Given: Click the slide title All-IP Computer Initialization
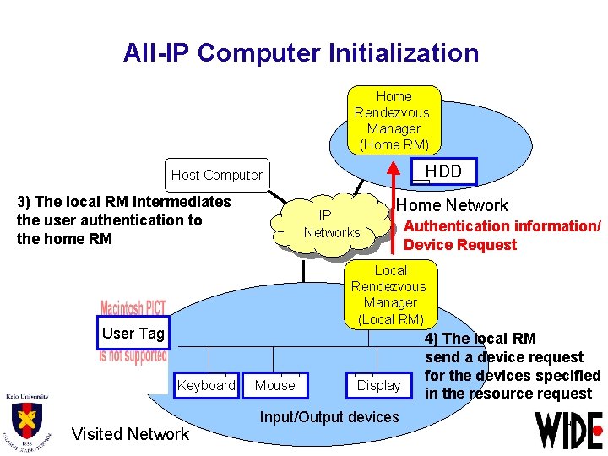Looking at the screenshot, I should pyautogui.click(x=301, y=53).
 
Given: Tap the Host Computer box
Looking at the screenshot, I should pyautogui.click(x=217, y=175).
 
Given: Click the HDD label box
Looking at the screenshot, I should pyautogui.click(x=442, y=171).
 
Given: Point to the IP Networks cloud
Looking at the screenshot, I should pyautogui.click(x=332, y=224).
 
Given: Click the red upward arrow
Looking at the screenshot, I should pyautogui.click(x=393, y=207).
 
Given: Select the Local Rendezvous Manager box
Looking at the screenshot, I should pyautogui.click(x=390, y=294).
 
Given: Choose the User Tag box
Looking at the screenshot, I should pyautogui.click(x=133, y=334).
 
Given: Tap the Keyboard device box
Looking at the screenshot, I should pyautogui.click(x=206, y=385).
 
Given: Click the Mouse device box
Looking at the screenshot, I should pyautogui.click(x=275, y=385).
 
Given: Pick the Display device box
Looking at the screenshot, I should pyautogui.click(x=378, y=385).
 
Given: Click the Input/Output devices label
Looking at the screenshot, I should pyautogui.click(x=329, y=416).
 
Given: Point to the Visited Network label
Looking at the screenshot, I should pyautogui.click(x=130, y=434).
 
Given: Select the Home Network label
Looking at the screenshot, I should pyautogui.click(x=453, y=205).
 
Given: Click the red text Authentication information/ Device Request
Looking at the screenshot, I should pyautogui.click(x=502, y=235).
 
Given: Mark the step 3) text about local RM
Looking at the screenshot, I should pyautogui.click(x=123, y=220).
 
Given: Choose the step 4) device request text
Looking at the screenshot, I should pyautogui.click(x=512, y=366).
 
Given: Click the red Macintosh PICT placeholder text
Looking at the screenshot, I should pyautogui.click(x=133, y=308).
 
